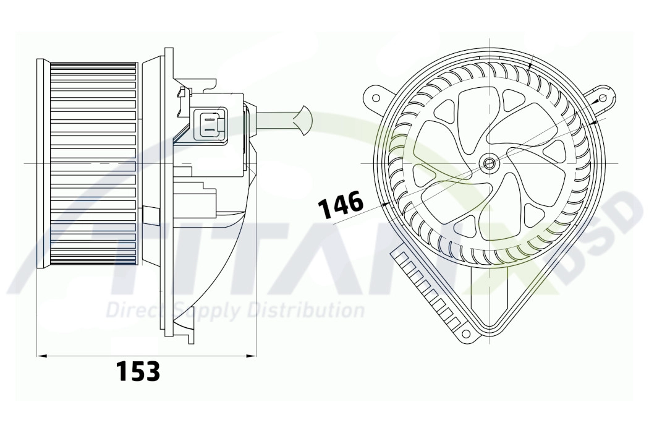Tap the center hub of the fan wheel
coord(490,163)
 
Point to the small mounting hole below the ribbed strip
coord(466,335)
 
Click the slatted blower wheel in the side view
coord(93,164)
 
